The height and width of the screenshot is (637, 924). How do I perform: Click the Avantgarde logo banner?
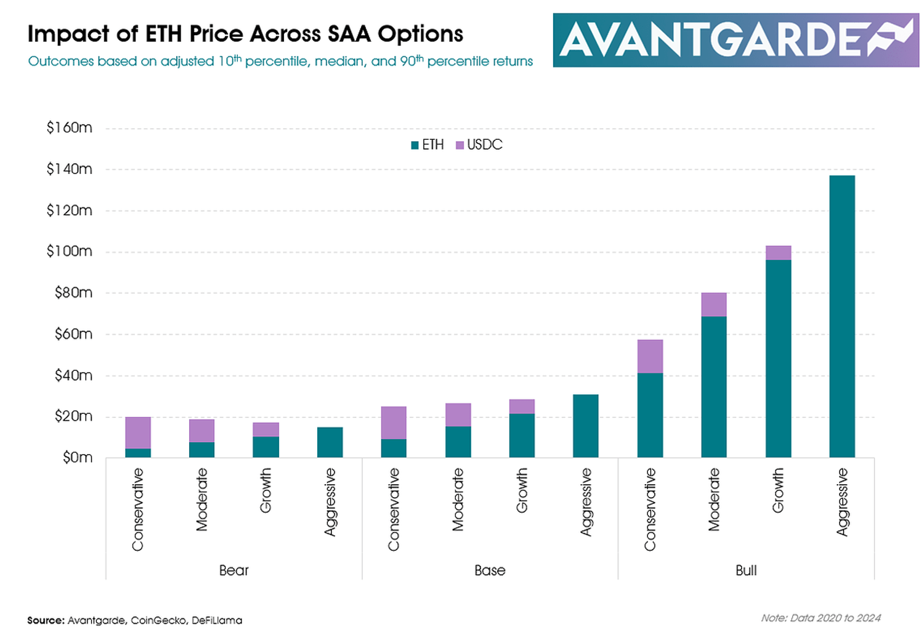click(x=736, y=40)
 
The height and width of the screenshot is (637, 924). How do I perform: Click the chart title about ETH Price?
click(x=245, y=34)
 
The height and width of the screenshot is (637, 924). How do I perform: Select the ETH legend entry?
click(x=428, y=145)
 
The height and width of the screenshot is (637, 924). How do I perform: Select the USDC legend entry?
click(x=479, y=145)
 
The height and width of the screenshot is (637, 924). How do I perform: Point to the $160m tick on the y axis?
click(x=69, y=128)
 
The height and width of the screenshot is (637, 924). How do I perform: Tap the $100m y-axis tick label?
click(x=69, y=251)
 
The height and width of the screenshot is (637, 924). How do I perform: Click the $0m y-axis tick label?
click(x=77, y=458)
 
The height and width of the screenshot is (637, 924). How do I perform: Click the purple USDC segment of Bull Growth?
click(x=778, y=253)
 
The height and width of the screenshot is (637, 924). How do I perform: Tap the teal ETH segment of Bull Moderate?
click(x=714, y=387)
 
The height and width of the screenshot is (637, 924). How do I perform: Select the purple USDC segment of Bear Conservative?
click(x=138, y=432)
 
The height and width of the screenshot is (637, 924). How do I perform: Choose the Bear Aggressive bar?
click(x=330, y=442)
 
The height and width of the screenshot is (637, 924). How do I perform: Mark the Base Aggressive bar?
click(x=586, y=426)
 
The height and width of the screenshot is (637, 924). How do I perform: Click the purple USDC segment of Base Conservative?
click(x=394, y=423)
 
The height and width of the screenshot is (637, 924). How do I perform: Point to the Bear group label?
click(x=234, y=570)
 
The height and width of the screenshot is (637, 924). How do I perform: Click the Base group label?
click(x=490, y=570)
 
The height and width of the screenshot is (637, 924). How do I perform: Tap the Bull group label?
click(x=746, y=570)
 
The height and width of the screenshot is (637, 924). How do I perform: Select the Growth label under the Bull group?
click(x=778, y=490)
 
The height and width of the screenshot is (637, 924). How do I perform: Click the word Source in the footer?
click(x=46, y=620)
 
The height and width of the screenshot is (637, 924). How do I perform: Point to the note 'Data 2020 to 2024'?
click(x=821, y=618)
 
